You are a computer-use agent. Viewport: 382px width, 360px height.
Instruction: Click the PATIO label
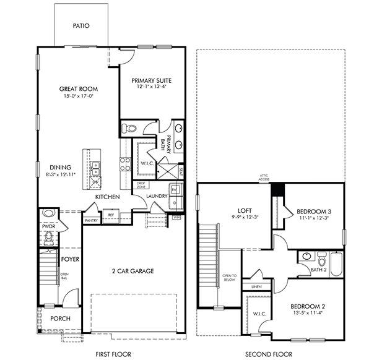click(x=81, y=26)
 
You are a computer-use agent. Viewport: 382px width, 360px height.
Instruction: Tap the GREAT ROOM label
click(x=79, y=88)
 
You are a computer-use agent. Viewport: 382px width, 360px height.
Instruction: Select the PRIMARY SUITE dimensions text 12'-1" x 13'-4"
click(x=151, y=87)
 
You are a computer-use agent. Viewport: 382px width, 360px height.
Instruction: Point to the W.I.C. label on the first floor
click(x=147, y=163)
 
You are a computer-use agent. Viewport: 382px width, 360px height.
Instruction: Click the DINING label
click(x=61, y=167)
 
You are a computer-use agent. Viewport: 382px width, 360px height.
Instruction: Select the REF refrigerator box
click(x=111, y=215)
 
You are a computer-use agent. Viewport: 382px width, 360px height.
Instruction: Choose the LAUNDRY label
click(x=157, y=197)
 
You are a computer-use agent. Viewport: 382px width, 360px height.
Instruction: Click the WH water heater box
click(x=176, y=217)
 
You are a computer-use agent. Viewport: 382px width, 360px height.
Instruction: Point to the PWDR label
click(x=48, y=227)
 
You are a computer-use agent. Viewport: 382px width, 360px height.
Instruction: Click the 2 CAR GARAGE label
click(x=132, y=271)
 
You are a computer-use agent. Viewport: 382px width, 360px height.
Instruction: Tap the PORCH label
click(x=61, y=319)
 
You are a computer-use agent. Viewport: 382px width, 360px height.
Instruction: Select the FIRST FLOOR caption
click(x=114, y=354)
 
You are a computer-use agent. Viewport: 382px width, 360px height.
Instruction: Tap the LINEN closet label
click(x=256, y=287)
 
